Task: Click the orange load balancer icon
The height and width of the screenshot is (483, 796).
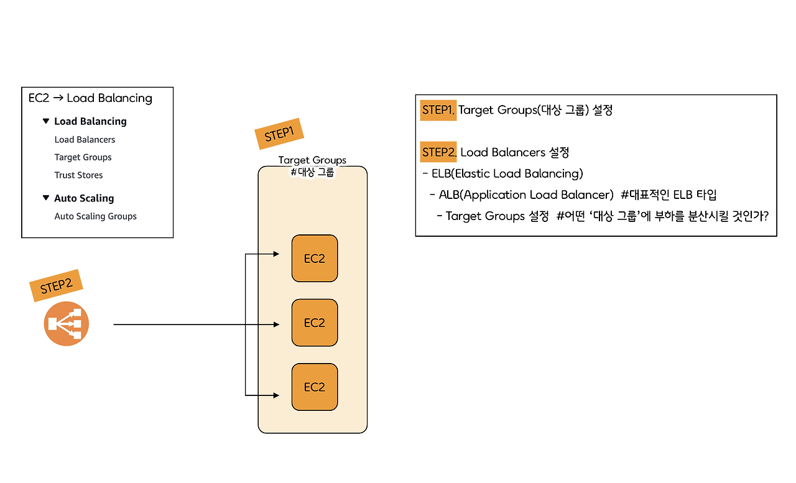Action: click(x=67, y=324)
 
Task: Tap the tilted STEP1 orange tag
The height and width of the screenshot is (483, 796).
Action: click(x=279, y=134)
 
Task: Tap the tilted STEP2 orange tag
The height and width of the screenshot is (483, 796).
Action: click(x=56, y=286)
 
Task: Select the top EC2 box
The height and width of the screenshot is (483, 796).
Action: click(x=315, y=259)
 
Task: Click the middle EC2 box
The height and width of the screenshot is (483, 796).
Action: click(x=315, y=323)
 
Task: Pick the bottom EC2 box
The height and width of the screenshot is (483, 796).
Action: click(x=315, y=387)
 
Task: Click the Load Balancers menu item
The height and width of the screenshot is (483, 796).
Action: click(x=85, y=140)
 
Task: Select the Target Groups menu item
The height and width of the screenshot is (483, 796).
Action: click(x=83, y=157)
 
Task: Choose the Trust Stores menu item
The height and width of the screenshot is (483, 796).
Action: click(x=78, y=175)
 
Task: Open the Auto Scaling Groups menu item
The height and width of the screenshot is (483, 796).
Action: click(x=95, y=216)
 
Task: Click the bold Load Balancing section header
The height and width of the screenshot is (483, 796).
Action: click(x=90, y=121)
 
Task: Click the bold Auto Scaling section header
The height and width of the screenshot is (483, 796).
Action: click(x=84, y=198)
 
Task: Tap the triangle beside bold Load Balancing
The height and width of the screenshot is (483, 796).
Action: click(x=45, y=121)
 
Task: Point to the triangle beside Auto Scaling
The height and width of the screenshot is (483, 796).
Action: click(x=45, y=198)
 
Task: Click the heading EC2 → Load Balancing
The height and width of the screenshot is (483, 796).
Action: click(x=90, y=98)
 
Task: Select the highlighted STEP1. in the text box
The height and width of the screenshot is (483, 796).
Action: click(x=438, y=110)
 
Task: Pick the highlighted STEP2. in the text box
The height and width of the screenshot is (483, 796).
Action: click(x=439, y=152)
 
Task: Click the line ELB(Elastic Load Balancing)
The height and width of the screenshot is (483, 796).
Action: click(x=507, y=173)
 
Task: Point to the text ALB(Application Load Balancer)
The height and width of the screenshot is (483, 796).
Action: click(x=526, y=195)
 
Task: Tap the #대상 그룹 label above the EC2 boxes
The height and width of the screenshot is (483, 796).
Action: click(x=312, y=172)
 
